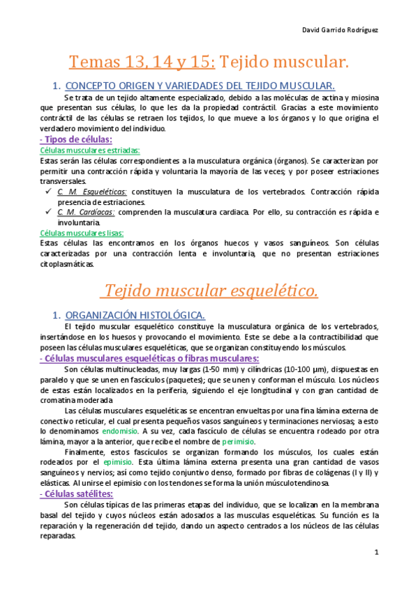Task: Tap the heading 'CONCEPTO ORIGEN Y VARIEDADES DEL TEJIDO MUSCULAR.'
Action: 200,86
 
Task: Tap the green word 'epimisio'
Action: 117,462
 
